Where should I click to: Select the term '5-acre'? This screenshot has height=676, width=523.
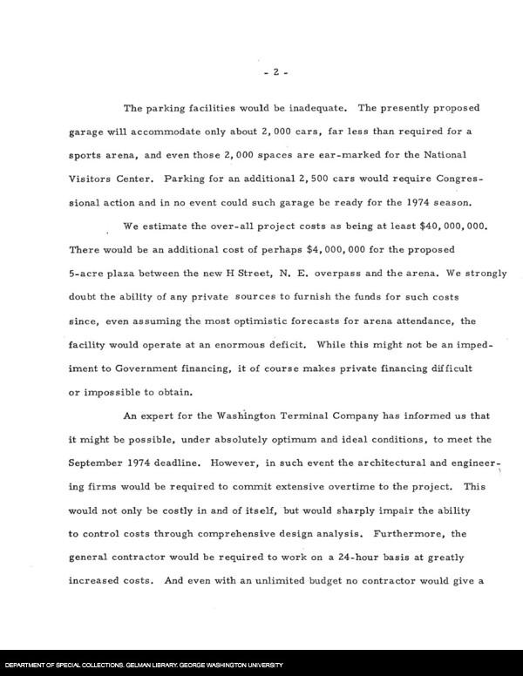click(x=89, y=274)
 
